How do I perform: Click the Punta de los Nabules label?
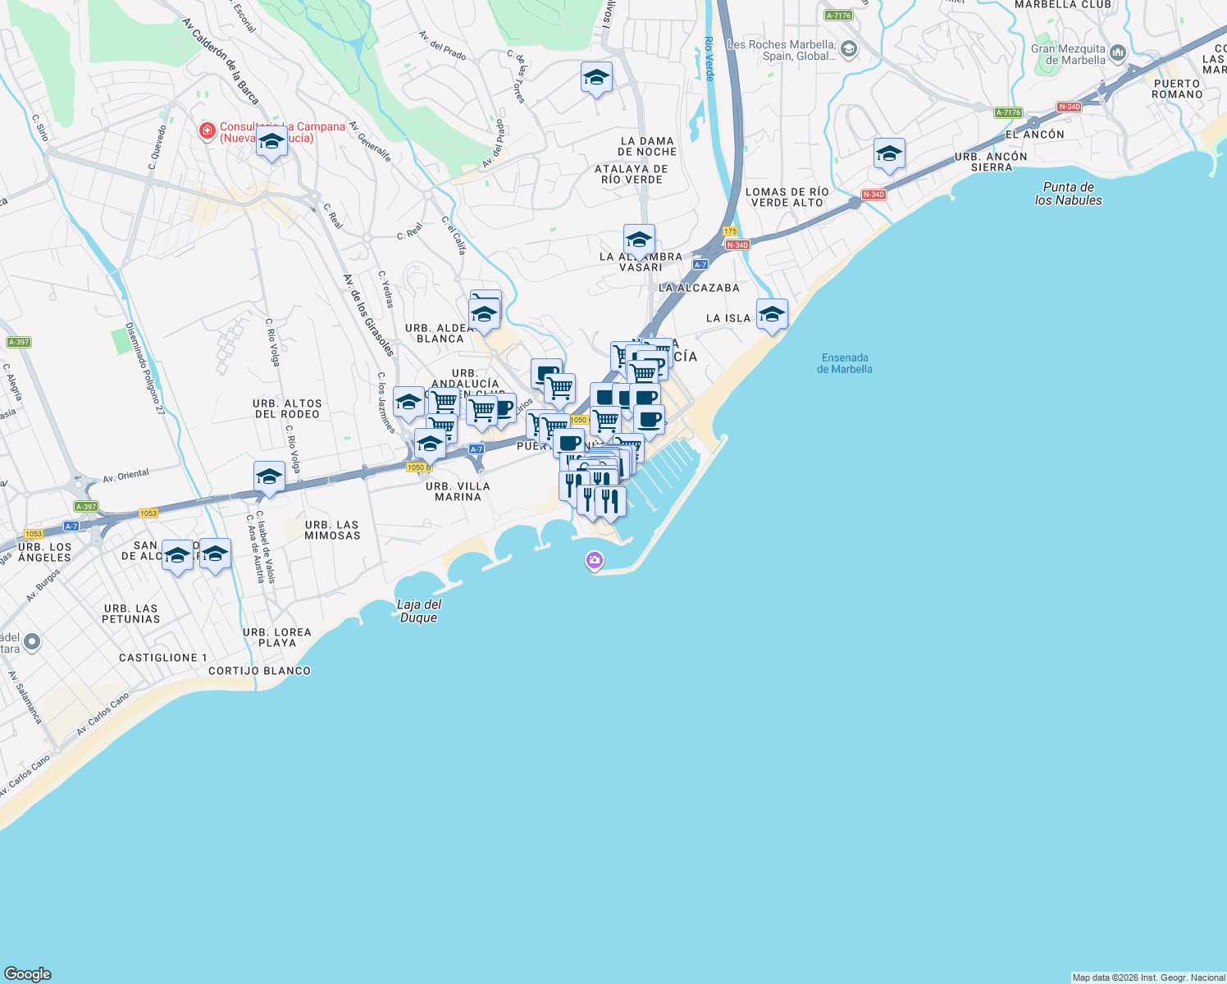1068,194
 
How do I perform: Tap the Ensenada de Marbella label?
845,363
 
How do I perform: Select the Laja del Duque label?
419,611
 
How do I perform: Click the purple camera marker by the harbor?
595,561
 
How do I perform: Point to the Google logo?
28,973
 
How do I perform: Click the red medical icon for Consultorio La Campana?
208,130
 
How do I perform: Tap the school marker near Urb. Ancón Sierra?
889,154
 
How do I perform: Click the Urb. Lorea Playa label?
277,637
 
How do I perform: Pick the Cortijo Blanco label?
259,671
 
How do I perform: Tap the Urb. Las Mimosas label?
332,530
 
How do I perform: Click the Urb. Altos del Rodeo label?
287,408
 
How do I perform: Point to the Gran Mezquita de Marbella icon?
1118,54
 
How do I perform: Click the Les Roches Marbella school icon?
849,50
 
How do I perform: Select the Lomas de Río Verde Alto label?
787,197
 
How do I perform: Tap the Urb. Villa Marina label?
458,491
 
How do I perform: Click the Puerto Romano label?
1177,89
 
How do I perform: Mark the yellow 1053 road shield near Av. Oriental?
148,513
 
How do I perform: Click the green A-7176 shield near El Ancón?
1008,112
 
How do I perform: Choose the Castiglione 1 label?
163,658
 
